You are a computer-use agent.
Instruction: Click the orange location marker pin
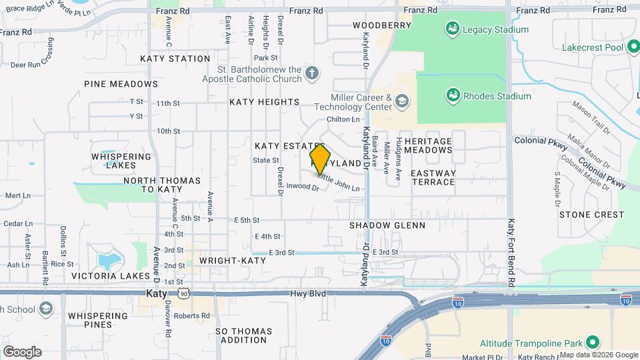320,159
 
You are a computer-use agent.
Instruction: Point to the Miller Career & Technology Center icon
401,101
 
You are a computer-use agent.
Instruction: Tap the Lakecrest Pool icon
632,47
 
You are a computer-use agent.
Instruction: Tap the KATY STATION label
175,59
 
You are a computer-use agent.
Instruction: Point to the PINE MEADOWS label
121,84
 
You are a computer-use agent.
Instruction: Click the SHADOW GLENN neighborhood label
387,225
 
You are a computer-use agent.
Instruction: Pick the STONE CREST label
591,215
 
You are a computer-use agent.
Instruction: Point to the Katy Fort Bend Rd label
511,244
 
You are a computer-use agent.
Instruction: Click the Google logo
22,351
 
